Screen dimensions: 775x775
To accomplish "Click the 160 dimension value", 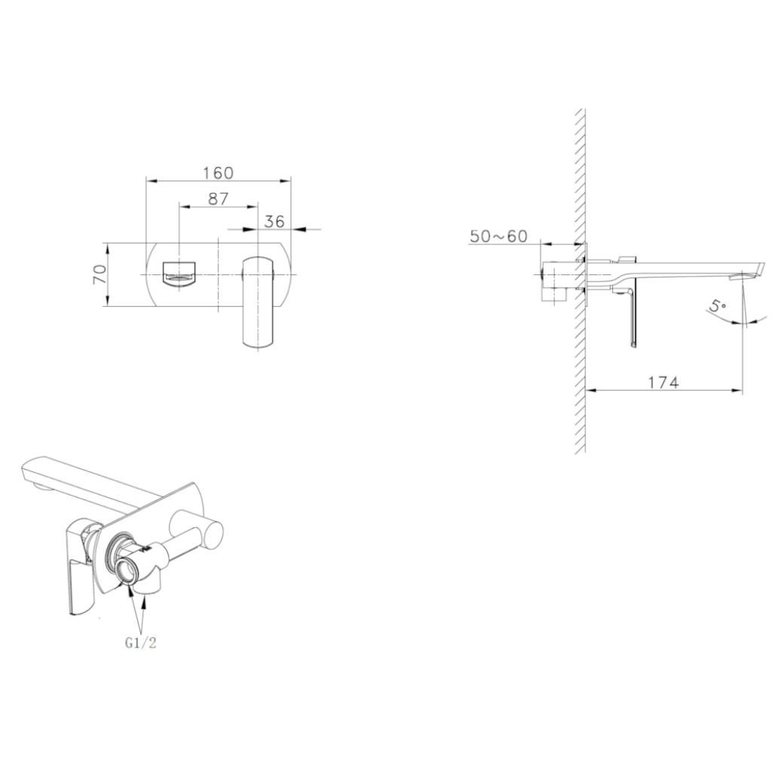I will click(x=218, y=173).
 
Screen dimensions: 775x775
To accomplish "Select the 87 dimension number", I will click(x=217, y=199).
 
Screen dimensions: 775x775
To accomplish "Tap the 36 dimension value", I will click(x=275, y=221).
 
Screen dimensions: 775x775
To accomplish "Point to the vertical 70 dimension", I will click(x=99, y=274).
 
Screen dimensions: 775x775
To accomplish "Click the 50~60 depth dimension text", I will click(x=498, y=236).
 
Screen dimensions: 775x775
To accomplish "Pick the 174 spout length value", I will click(x=663, y=382).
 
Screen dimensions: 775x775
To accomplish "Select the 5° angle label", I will click(x=718, y=307).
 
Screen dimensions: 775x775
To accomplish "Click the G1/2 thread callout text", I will click(x=140, y=642).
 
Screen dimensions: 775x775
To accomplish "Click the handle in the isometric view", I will click(x=78, y=565).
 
